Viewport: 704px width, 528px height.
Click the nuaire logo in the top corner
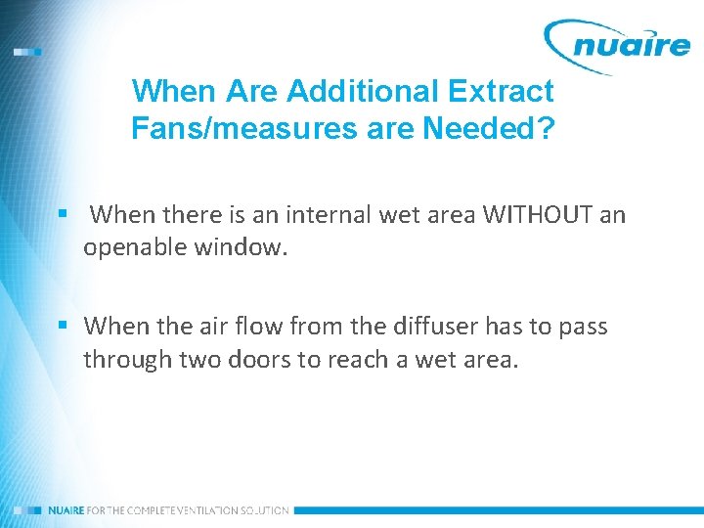point(617,43)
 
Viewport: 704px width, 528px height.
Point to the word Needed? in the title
point(499,128)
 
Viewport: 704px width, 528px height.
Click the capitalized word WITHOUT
point(536,215)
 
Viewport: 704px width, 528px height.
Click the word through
point(124,359)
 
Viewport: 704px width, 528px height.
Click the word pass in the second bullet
point(584,326)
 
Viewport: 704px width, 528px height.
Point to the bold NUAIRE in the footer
point(66,510)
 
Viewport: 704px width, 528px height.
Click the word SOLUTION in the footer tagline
point(263,510)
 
